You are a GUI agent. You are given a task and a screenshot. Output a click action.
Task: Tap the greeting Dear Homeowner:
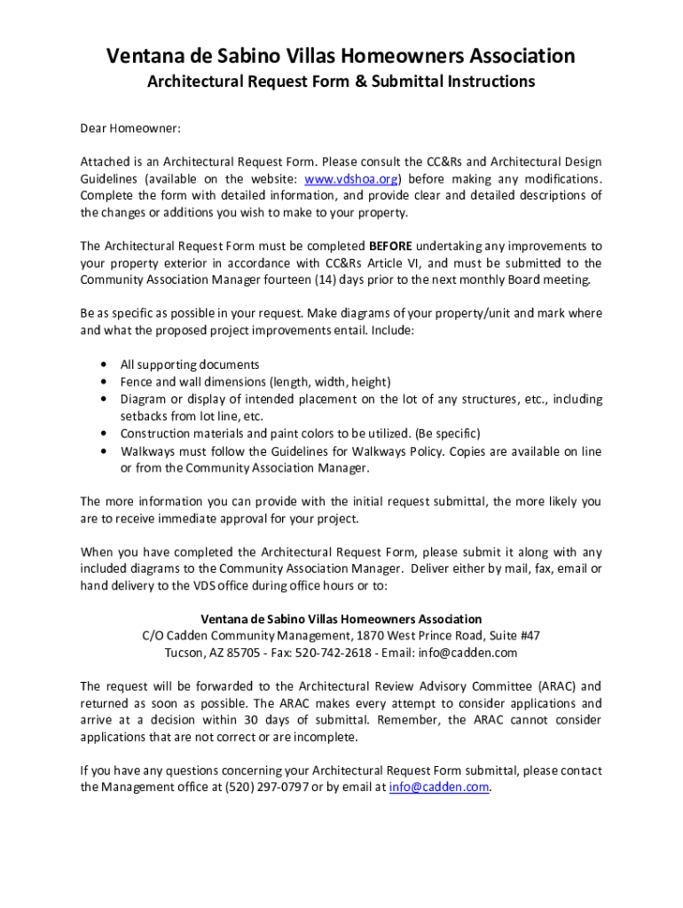tap(130, 129)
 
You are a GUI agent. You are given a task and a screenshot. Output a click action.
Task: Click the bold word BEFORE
tap(390, 246)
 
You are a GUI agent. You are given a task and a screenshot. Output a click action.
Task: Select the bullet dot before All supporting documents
tap(106, 364)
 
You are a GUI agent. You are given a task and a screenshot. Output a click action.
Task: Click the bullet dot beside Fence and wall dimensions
tap(106, 382)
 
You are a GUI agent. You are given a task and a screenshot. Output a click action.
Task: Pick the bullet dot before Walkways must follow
tap(106, 451)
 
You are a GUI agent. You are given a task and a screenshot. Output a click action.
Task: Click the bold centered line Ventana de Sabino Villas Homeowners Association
tap(341, 619)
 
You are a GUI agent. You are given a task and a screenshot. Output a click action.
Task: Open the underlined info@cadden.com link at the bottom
tap(438, 787)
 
